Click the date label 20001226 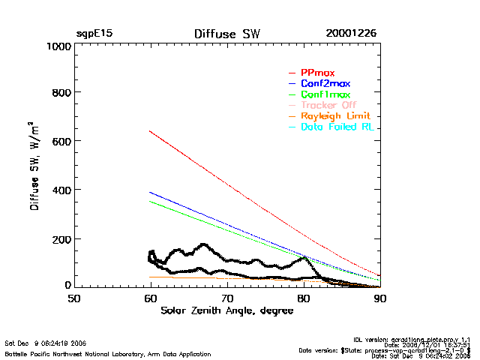[x=351, y=34]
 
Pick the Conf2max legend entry [x=325, y=83]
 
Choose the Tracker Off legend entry [x=328, y=105]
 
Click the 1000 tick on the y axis [x=56, y=46]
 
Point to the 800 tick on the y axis [x=60, y=93]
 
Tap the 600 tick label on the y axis [x=60, y=142]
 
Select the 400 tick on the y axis [x=60, y=190]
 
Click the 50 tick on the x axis [x=74, y=298]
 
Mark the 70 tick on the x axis [x=227, y=298]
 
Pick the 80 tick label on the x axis [x=304, y=298]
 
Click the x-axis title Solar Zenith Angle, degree [x=226, y=310]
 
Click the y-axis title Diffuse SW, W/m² [x=34, y=166]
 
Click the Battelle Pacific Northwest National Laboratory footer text [x=108, y=354]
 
